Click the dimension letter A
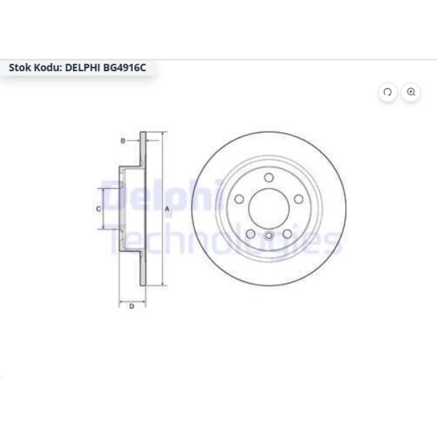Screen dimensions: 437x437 [x=167, y=209]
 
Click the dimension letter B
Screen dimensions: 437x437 [x=122, y=140]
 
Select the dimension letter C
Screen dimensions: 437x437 [x=99, y=209]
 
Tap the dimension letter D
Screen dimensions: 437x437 [x=132, y=307]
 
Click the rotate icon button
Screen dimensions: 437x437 [x=388, y=92]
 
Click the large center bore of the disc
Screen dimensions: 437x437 [x=268, y=209]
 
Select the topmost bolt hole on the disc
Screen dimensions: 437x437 [x=269, y=177]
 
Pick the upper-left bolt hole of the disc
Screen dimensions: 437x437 [x=239, y=199]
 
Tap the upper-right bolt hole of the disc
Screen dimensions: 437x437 [x=299, y=199]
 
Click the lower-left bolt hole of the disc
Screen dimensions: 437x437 [x=250, y=234]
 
